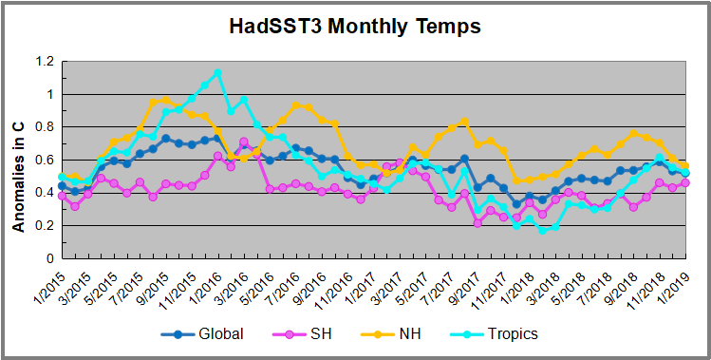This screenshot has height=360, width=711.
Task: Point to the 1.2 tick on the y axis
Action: click(41, 62)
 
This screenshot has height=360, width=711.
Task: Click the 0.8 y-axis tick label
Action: click(41, 127)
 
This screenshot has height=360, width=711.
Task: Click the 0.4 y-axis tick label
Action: click(41, 193)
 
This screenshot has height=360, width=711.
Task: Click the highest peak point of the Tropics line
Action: click(218, 73)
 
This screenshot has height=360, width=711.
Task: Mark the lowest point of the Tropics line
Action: click(543, 231)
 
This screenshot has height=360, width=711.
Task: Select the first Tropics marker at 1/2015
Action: click(63, 177)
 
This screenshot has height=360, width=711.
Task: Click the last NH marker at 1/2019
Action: click(684, 166)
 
